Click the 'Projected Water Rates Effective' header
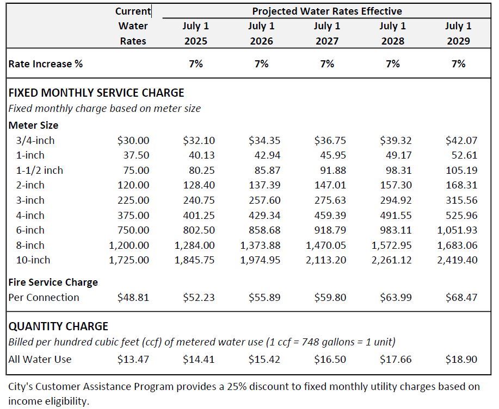point(327,11)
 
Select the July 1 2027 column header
point(327,33)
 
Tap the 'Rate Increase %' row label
point(46,64)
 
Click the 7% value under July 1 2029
point(458,64)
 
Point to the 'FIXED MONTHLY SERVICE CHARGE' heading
point(96,92)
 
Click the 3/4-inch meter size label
point(35,140)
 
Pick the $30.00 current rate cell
point(133,140)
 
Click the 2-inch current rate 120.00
point(133,185)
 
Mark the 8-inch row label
point(33,245)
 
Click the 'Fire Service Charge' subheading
point(53,282)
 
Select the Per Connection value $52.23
point(199,297)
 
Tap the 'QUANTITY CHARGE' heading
point(58,326)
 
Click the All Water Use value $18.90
point(461,359)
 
